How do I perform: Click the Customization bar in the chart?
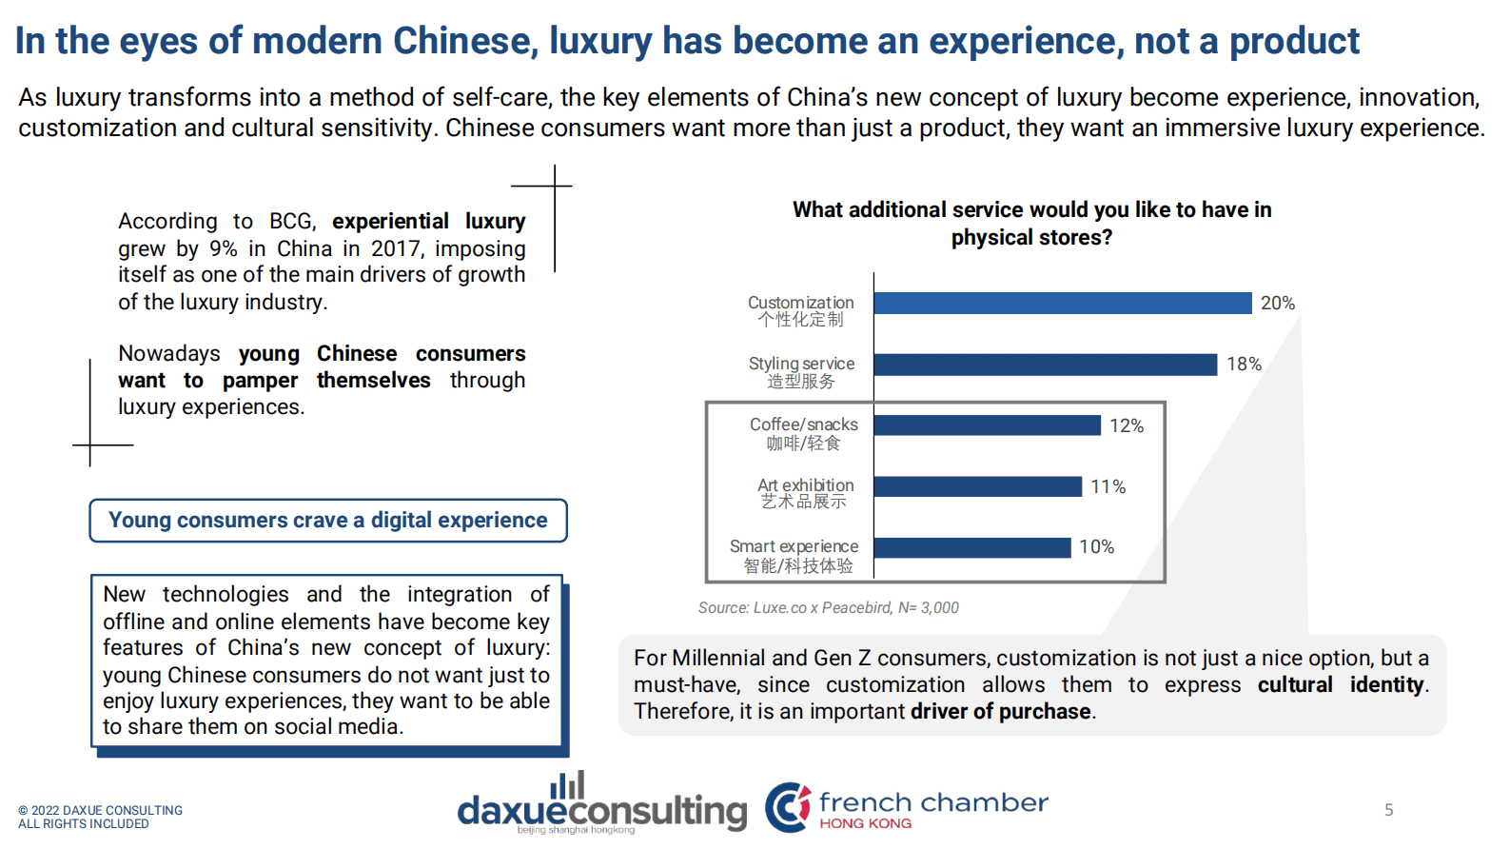tap(1062, 303)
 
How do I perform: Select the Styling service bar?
tap(1045, 365)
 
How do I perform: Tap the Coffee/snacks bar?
tap(987, 425)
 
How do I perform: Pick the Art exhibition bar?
tap(977, 486)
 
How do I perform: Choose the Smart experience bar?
tap(971, 547)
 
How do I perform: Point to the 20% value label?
tap(1277, 303)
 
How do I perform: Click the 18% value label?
tap(1243, 365)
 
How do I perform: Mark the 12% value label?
tap(1126, 425)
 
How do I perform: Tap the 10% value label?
tap(1096, 547)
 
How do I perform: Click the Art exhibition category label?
tap(805, 493)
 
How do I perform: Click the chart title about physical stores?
tap(1031, 224)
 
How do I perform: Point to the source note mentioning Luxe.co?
tap(828, 607)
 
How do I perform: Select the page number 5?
tap(1388, 810)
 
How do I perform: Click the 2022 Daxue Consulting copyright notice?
tap(99, 817)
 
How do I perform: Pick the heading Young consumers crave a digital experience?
tap(328, 521)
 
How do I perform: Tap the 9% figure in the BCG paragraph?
tap(223, 248)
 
